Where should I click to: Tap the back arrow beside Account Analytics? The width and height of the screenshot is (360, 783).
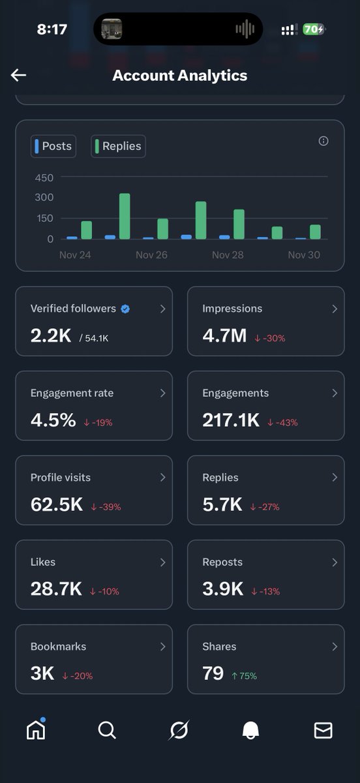tap(18, 75)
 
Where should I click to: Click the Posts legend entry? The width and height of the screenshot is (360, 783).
tap(53, 146)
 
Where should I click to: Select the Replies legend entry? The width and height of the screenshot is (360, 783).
tap(118, 146)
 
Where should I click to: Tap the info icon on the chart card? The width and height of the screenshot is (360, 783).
tap(323, 141)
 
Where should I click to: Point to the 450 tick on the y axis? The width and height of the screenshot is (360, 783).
tap(44, 177)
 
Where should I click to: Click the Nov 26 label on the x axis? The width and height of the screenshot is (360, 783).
tap(151, 254)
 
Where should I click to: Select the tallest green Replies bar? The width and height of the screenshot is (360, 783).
tap(125, 216)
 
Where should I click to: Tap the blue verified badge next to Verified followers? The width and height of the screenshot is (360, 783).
tap(125, 309)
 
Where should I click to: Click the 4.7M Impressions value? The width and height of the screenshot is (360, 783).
tap(224, 336)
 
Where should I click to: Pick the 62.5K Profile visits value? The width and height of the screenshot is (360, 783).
tap(57, 505)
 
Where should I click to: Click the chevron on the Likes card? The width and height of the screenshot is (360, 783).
tap(162, 562)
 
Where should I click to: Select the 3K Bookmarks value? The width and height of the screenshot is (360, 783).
tap(42, 674)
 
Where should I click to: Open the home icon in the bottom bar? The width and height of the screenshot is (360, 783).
tap(36, 730)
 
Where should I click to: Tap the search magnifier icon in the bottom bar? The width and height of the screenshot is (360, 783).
tap(107, 730)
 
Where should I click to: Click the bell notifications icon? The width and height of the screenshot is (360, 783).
tap(250, 731)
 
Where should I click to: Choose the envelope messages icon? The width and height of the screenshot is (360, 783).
tap(323, 730)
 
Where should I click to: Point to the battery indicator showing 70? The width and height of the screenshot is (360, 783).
tap(313, 29)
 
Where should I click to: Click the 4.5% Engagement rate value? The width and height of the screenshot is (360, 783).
tap(53, 420)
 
